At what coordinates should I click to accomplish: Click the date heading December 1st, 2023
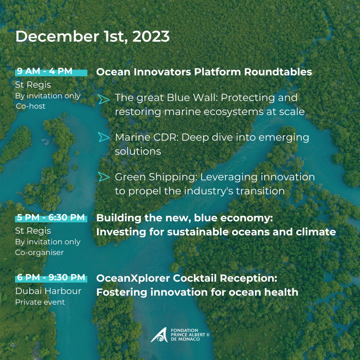(x=93, y=37)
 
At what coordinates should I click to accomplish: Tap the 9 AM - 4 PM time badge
(x=51, y=71)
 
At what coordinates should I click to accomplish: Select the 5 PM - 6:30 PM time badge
(x=51, y=218)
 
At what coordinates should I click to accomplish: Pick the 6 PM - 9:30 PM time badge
(x=51, y=278)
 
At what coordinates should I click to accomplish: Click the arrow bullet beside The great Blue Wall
(x=104, y=99)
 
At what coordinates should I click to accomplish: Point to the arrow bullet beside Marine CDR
(x=104, y=137)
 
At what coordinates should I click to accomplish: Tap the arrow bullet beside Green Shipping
(x=104, y=177)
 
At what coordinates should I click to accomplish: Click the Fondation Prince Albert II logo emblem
(x=159, y=335)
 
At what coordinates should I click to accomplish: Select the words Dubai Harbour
(x=48, y=291)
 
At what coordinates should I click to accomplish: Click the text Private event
(x=40, y=302)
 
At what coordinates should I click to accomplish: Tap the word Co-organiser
(x=39, y=253)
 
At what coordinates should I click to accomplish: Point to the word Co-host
(x=31, y=106)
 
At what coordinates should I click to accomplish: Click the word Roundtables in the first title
(x=278, y=72)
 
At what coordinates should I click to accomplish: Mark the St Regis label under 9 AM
(x=33, y=85)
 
